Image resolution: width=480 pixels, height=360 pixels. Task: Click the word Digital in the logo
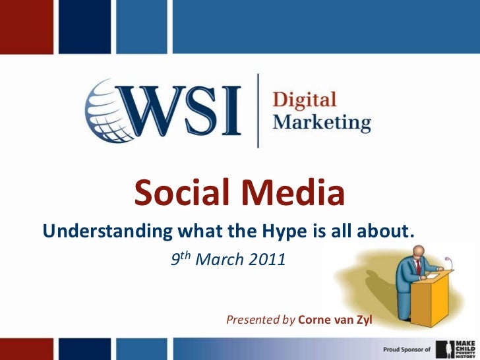(305, 101)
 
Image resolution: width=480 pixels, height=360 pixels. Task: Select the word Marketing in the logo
(322, 123)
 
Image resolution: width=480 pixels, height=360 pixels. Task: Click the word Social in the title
(183, 193)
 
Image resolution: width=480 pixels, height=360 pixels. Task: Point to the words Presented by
(260, 320)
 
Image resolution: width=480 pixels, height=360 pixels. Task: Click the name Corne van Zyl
(335, 320)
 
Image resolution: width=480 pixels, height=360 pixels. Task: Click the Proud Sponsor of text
(407, 348)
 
